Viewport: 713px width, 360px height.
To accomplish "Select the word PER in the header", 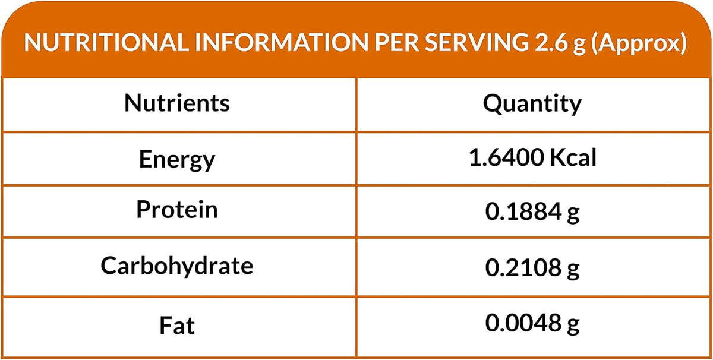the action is point(397,43).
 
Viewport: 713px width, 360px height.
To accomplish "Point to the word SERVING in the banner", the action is point(477,43).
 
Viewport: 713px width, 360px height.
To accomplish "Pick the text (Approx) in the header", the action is point(639,43).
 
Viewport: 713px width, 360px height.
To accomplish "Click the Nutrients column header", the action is point(177,103).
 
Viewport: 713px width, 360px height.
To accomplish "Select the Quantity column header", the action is point(532,104).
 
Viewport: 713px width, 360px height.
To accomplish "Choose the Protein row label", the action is point(177,210).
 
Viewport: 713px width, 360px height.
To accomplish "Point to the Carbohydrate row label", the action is point(177,265).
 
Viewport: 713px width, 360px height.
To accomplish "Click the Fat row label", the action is point(177,326).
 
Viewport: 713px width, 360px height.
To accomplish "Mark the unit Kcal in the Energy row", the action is point(573,157).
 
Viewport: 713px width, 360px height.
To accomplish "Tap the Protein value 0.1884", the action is point(523,211).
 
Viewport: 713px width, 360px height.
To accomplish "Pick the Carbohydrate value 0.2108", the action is point(523,267).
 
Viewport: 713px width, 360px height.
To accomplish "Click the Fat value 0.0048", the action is point(523,323).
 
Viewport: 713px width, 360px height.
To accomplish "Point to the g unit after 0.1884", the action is point(573,215).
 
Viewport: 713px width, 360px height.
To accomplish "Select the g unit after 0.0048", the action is point(573,326).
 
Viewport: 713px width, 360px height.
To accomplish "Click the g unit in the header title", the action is point(579,46).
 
